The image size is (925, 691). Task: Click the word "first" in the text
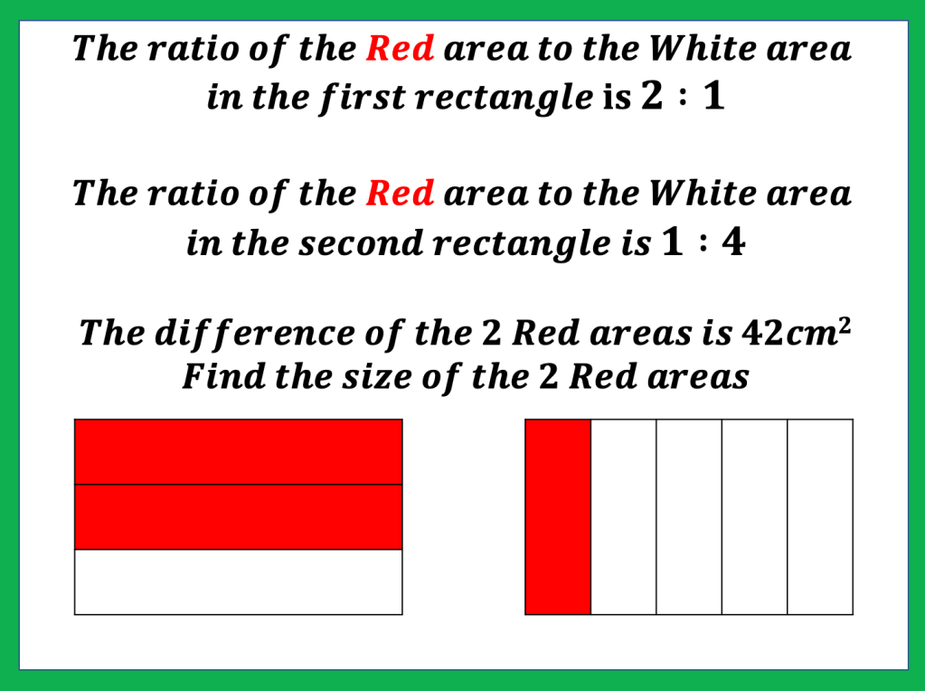click(363, 98)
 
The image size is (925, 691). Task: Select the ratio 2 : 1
click(683, 96)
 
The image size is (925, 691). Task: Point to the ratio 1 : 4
click(703, 241)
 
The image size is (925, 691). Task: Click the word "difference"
click(254, 333)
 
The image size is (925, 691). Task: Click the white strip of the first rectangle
click(239, 582)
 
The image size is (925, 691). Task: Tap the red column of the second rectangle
click(558, 517)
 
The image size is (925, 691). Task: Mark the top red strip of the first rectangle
click(239, 452)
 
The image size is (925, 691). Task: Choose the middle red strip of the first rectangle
click(239, 517)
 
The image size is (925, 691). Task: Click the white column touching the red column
click(624, 517)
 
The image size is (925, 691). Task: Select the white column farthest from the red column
click(820, 517)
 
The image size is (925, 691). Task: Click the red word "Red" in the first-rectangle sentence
click(400, 48)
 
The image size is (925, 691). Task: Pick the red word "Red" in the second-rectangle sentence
click(400, 194)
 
